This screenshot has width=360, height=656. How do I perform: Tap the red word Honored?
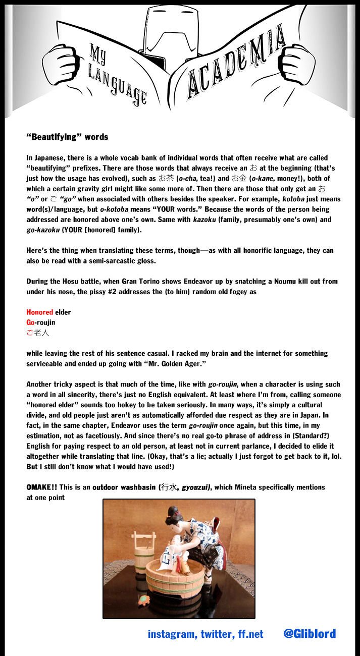coord(39,312)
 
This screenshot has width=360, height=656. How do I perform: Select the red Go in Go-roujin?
coord(31,322)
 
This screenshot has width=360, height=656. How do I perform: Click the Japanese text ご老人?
coord(38,333)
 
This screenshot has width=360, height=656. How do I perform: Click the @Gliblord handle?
coord(309,634)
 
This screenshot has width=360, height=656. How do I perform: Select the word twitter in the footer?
coord(215,634)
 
